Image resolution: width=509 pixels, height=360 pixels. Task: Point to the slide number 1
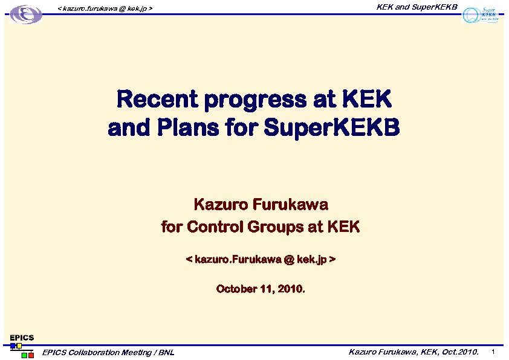point(494,352)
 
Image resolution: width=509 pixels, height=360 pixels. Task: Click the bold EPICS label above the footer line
point(21,338)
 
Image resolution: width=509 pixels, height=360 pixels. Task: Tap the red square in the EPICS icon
point(31,355)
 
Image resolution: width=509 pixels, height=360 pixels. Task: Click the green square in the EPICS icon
point(24,355)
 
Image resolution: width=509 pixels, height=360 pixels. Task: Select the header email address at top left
point(105,8)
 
